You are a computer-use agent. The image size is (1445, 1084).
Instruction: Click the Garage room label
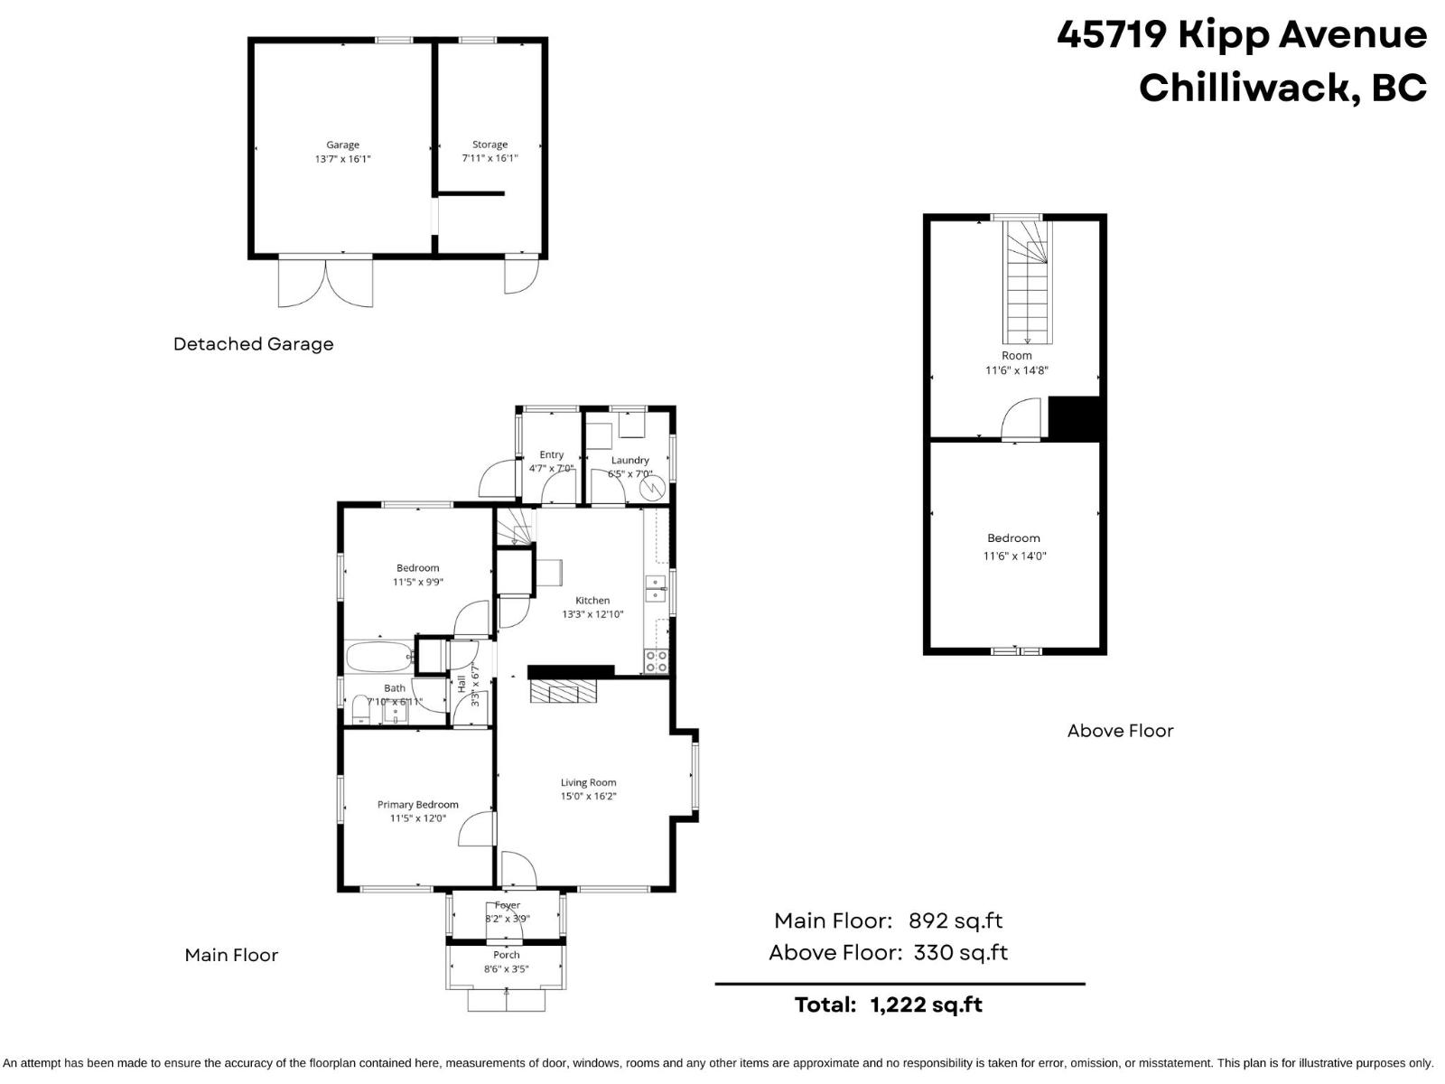click(x=342, y=145)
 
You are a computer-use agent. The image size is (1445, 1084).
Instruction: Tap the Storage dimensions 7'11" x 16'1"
click(x=489, y=158)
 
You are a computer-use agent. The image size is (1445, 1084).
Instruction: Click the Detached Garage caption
click(x=253, y=344)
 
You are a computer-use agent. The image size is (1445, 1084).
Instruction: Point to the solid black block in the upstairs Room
click(x=1073, y=418)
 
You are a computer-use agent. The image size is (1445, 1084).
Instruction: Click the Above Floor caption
click(x=1120, y=731)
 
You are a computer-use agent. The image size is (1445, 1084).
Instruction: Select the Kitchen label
click(x=592, y=601)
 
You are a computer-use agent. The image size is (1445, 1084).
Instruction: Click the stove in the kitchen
click(x=657, y=661)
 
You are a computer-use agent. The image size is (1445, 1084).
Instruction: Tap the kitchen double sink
click(x=655, y=588)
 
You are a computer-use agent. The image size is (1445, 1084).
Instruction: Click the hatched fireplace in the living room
click(x=564, y=692)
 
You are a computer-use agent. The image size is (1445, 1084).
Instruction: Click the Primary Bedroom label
click(x=417, y=805)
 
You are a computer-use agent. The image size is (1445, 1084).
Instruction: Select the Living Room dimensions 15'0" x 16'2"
click(x=588, y=797)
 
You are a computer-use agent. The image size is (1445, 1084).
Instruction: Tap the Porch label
click(x=507, y=955)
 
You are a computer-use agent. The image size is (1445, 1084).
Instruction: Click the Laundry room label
click(x=629, y=461)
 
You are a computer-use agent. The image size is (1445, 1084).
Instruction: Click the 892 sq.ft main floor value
click(x=955, y=920)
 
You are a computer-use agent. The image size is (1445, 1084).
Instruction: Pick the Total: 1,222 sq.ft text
click(x=888, y=1005)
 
